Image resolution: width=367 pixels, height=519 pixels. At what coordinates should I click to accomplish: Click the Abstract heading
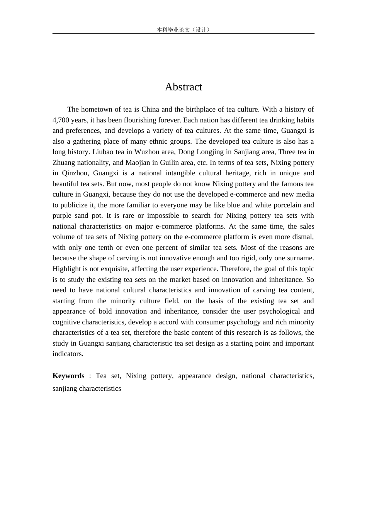183,87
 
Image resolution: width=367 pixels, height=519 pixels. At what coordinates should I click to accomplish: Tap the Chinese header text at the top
183,30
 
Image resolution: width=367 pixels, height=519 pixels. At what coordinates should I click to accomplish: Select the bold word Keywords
68,376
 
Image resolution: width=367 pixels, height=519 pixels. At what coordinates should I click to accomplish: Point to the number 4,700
61,120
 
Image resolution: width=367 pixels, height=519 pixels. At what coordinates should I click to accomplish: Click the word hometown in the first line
97,109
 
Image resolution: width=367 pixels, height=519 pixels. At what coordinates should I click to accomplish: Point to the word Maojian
138,163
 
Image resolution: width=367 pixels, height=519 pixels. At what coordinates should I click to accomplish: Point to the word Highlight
66,269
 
